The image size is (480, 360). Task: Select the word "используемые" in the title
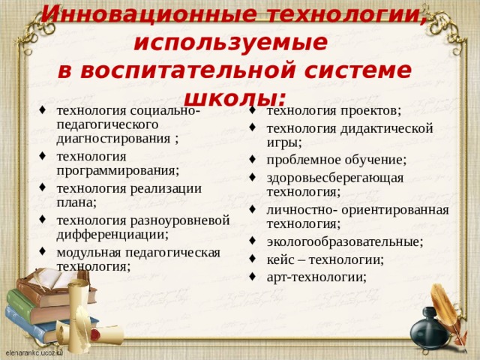coord(229,42)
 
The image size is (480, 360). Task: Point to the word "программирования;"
coord(117,171)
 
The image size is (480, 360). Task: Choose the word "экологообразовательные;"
coord(344,241)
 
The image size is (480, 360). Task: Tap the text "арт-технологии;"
coord(316,277)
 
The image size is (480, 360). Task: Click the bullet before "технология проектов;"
coord(255,112)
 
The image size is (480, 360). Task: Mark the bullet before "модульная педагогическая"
coord(45,252)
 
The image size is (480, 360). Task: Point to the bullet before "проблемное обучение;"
coord(255,160)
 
